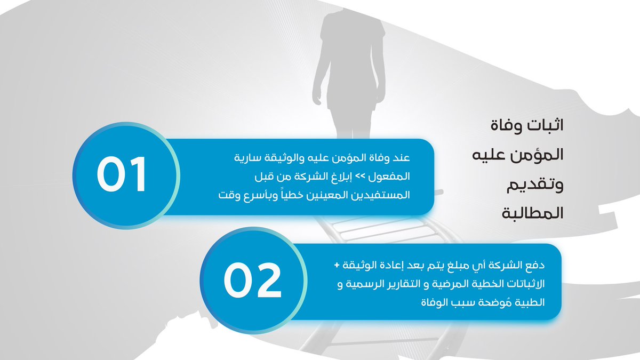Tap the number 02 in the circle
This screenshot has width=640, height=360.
pyautogui.click(x=252, y=281)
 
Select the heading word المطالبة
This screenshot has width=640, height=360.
pyautogui.click(x=533, y=214)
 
